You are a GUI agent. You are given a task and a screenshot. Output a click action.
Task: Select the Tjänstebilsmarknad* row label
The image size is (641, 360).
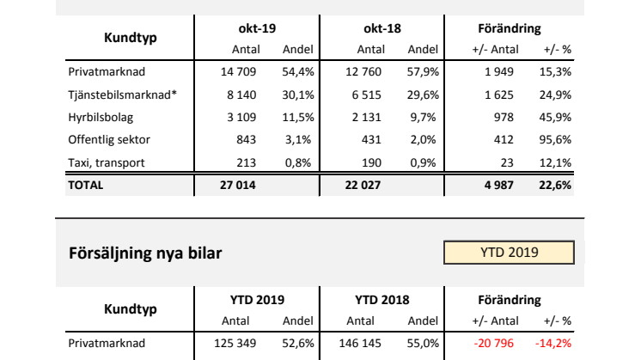pos(122,94)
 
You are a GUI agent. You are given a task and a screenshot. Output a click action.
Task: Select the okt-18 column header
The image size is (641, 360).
pos(380,29)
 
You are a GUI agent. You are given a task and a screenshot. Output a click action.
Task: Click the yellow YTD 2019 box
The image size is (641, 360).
pos(509,253)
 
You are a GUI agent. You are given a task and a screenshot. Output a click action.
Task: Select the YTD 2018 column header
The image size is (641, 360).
pos(382,301)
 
